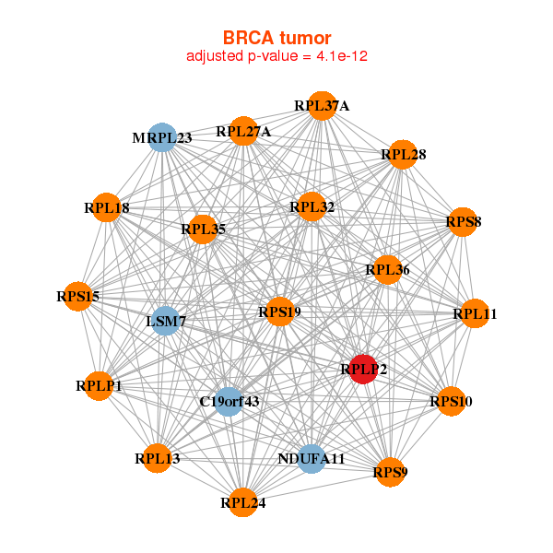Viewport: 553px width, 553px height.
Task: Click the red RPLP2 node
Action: tap(364, 370)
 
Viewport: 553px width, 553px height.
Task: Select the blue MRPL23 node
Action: tap(162, 138)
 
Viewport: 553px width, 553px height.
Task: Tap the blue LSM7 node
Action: tap(166, 321)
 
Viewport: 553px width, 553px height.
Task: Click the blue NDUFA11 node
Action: tap(312, 458)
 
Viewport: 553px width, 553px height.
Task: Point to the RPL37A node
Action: tap(322, 106)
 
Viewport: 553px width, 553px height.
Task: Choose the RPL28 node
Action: tap(403, 154)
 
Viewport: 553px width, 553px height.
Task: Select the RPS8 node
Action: tap(463, 222)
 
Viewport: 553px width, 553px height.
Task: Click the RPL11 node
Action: tap(475, 314)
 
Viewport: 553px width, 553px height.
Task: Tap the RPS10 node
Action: tap(451, 401)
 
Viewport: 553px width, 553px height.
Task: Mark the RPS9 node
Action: tap(390, 473)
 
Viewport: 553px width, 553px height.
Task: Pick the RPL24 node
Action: tap(242, 502)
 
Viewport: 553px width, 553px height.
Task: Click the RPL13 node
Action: tap(158, 458)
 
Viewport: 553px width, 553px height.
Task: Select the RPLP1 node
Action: tap(99, 386)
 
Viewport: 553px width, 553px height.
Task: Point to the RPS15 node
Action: tap(78, 297)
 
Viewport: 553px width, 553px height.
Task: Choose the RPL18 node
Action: tap(107, 208)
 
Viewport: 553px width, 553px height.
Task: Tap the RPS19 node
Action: tap(279, 312)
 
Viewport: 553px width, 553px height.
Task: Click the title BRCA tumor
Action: tap(276, 38)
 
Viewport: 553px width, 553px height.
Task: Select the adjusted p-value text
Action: tap(277, 56)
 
